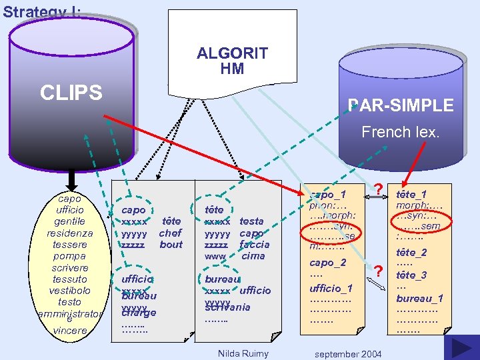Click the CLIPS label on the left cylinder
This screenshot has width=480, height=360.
click(71, 93)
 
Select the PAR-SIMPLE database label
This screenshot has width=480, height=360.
click(401, 105)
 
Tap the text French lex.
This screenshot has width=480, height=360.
click(401, 132)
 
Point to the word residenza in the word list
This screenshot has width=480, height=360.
click(70, 233)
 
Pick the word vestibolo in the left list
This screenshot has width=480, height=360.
click(70, 291)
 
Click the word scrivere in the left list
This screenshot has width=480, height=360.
click(70, 268)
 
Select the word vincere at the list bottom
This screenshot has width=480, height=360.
click(70, 330)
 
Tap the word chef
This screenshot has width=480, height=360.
click(170, 233)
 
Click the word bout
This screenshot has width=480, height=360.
click(171, 245)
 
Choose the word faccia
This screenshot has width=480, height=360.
click(254, 245)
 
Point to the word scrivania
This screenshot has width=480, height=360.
click(227, 307)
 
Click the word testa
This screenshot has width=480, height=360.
click(251, 221)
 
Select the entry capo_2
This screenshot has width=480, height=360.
click(327, 262)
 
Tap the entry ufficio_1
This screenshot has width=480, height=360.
click(331, 287)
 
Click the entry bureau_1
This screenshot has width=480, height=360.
click(419, 298)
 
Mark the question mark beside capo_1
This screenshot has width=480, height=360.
click(378, 191)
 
